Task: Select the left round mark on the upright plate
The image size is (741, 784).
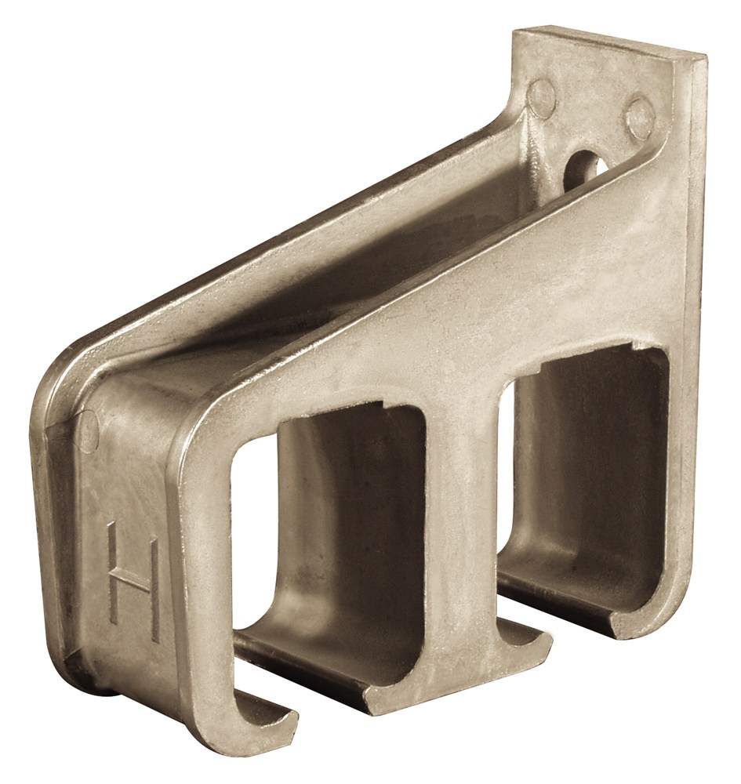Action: coord(544,93)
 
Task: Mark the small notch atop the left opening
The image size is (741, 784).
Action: coord(383,404)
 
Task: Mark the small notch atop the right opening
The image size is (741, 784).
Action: coord(637,345)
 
